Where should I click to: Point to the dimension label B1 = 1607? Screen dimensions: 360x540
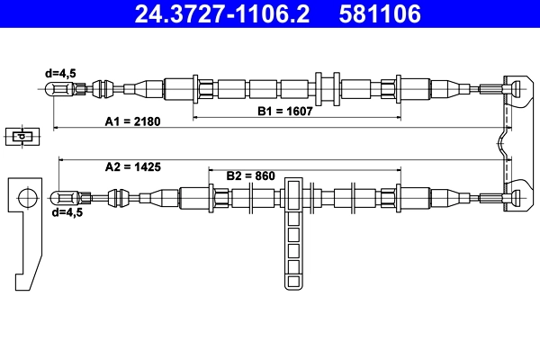[281, 112]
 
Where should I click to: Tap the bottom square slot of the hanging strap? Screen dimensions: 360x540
[294, 280]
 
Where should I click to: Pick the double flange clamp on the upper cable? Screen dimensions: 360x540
[326, 87]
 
